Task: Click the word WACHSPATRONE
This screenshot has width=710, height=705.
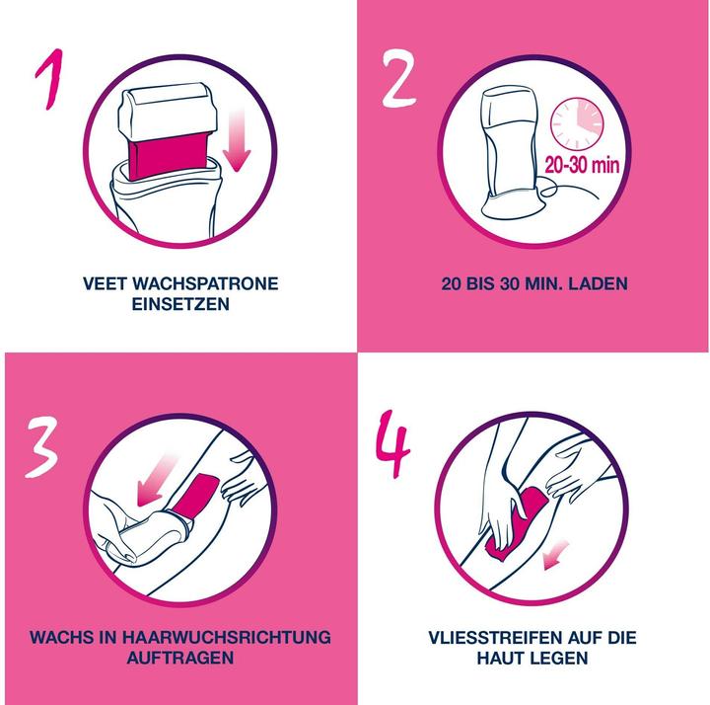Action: (x=208, y=283)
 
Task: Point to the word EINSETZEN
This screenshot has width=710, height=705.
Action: (x=180, y=304)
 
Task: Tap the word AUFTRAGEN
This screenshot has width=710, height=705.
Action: (x=179, y=658)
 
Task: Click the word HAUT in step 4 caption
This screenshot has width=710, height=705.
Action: (x=504, y=658)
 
